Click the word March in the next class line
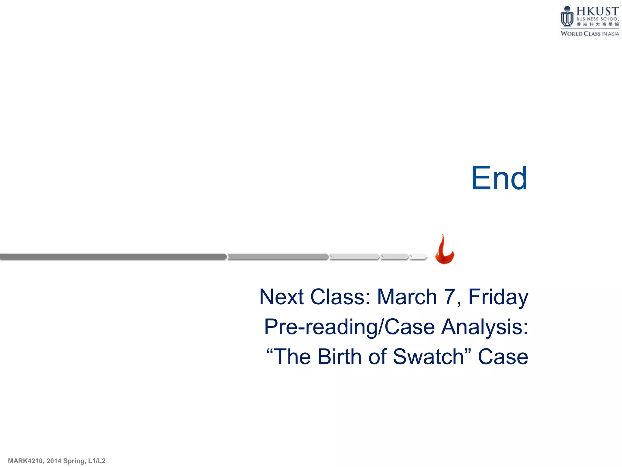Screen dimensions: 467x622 [x=407, y=297]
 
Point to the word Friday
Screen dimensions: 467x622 [x=498, y=297]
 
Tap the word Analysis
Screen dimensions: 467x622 [x=484, y=327]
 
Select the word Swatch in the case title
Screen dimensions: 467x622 [x=428, y=357]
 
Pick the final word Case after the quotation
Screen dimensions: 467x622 [x=503, y=357]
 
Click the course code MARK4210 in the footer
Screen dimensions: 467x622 [x=25, y=461]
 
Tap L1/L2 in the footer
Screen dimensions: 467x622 [x=97, y=461]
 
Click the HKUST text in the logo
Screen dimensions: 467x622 [x=597, y=11]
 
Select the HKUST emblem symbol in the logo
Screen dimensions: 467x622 [x=567, y=17]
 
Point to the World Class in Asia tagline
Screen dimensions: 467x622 [x=590, y=33]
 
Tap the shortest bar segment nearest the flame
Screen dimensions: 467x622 [x=419, y=257]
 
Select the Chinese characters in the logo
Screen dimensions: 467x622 [x=598, y=24]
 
